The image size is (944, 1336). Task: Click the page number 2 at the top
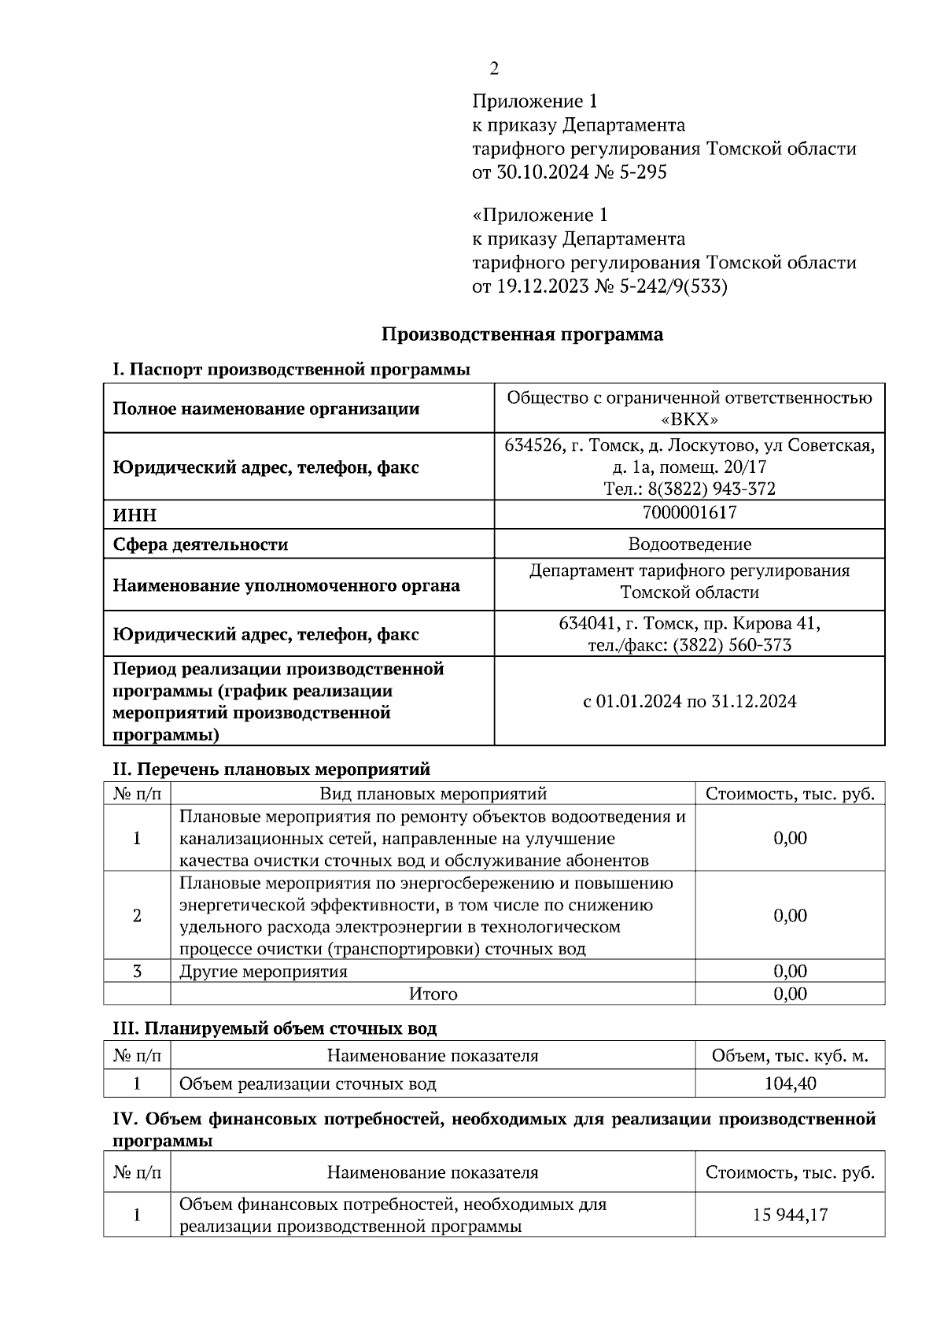click(493, 69)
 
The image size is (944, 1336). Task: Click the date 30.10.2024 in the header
click(542, 172)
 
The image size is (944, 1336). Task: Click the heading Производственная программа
click(522, 334)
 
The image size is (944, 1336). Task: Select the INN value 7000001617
click(689, 513)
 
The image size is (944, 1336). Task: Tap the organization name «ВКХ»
click(689, 419)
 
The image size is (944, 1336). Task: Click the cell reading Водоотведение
click(689, 544)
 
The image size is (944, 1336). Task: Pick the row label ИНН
click(135, 515)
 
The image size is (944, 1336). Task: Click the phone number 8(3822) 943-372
click(710, 489)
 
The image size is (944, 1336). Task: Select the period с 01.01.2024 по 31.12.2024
click(689, 701)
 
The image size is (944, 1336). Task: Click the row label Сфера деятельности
click(201, 544)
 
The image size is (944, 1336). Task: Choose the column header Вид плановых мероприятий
click(433, 794)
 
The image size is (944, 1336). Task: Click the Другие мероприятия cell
click(264, 971)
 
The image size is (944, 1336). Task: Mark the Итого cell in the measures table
click(433, 994)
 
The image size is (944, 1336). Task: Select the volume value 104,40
click(790, 1083)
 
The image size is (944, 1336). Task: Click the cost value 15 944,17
click(790, 1215)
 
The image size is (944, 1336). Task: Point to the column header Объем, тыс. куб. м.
click(790, 1056)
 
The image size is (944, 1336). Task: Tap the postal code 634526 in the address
click(533, 446)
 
